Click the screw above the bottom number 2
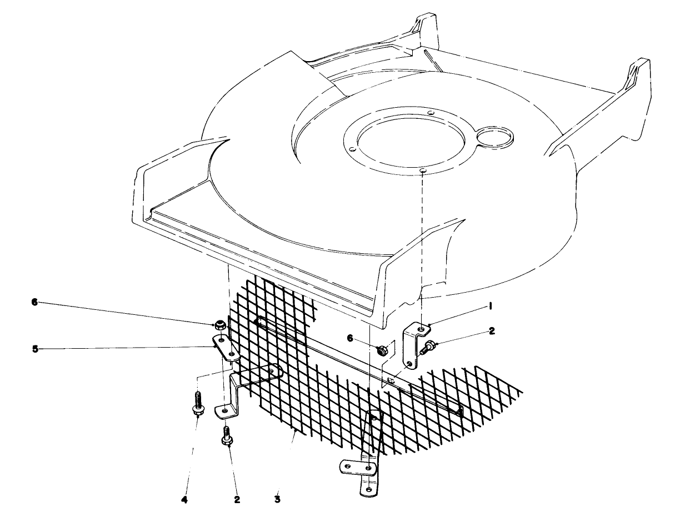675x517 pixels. click(227, 435)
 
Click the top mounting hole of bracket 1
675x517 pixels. click(423, 330)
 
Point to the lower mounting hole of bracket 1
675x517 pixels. click(409, 364)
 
